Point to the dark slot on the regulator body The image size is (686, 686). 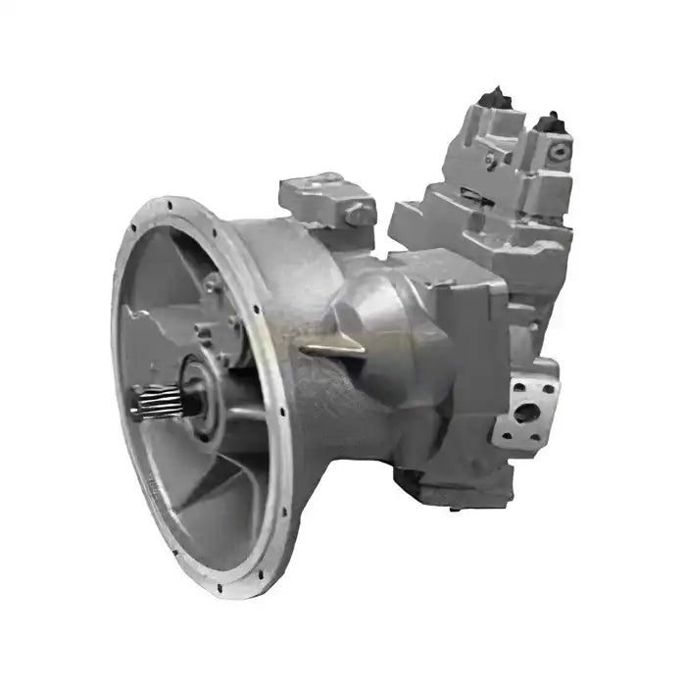(488, 160)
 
